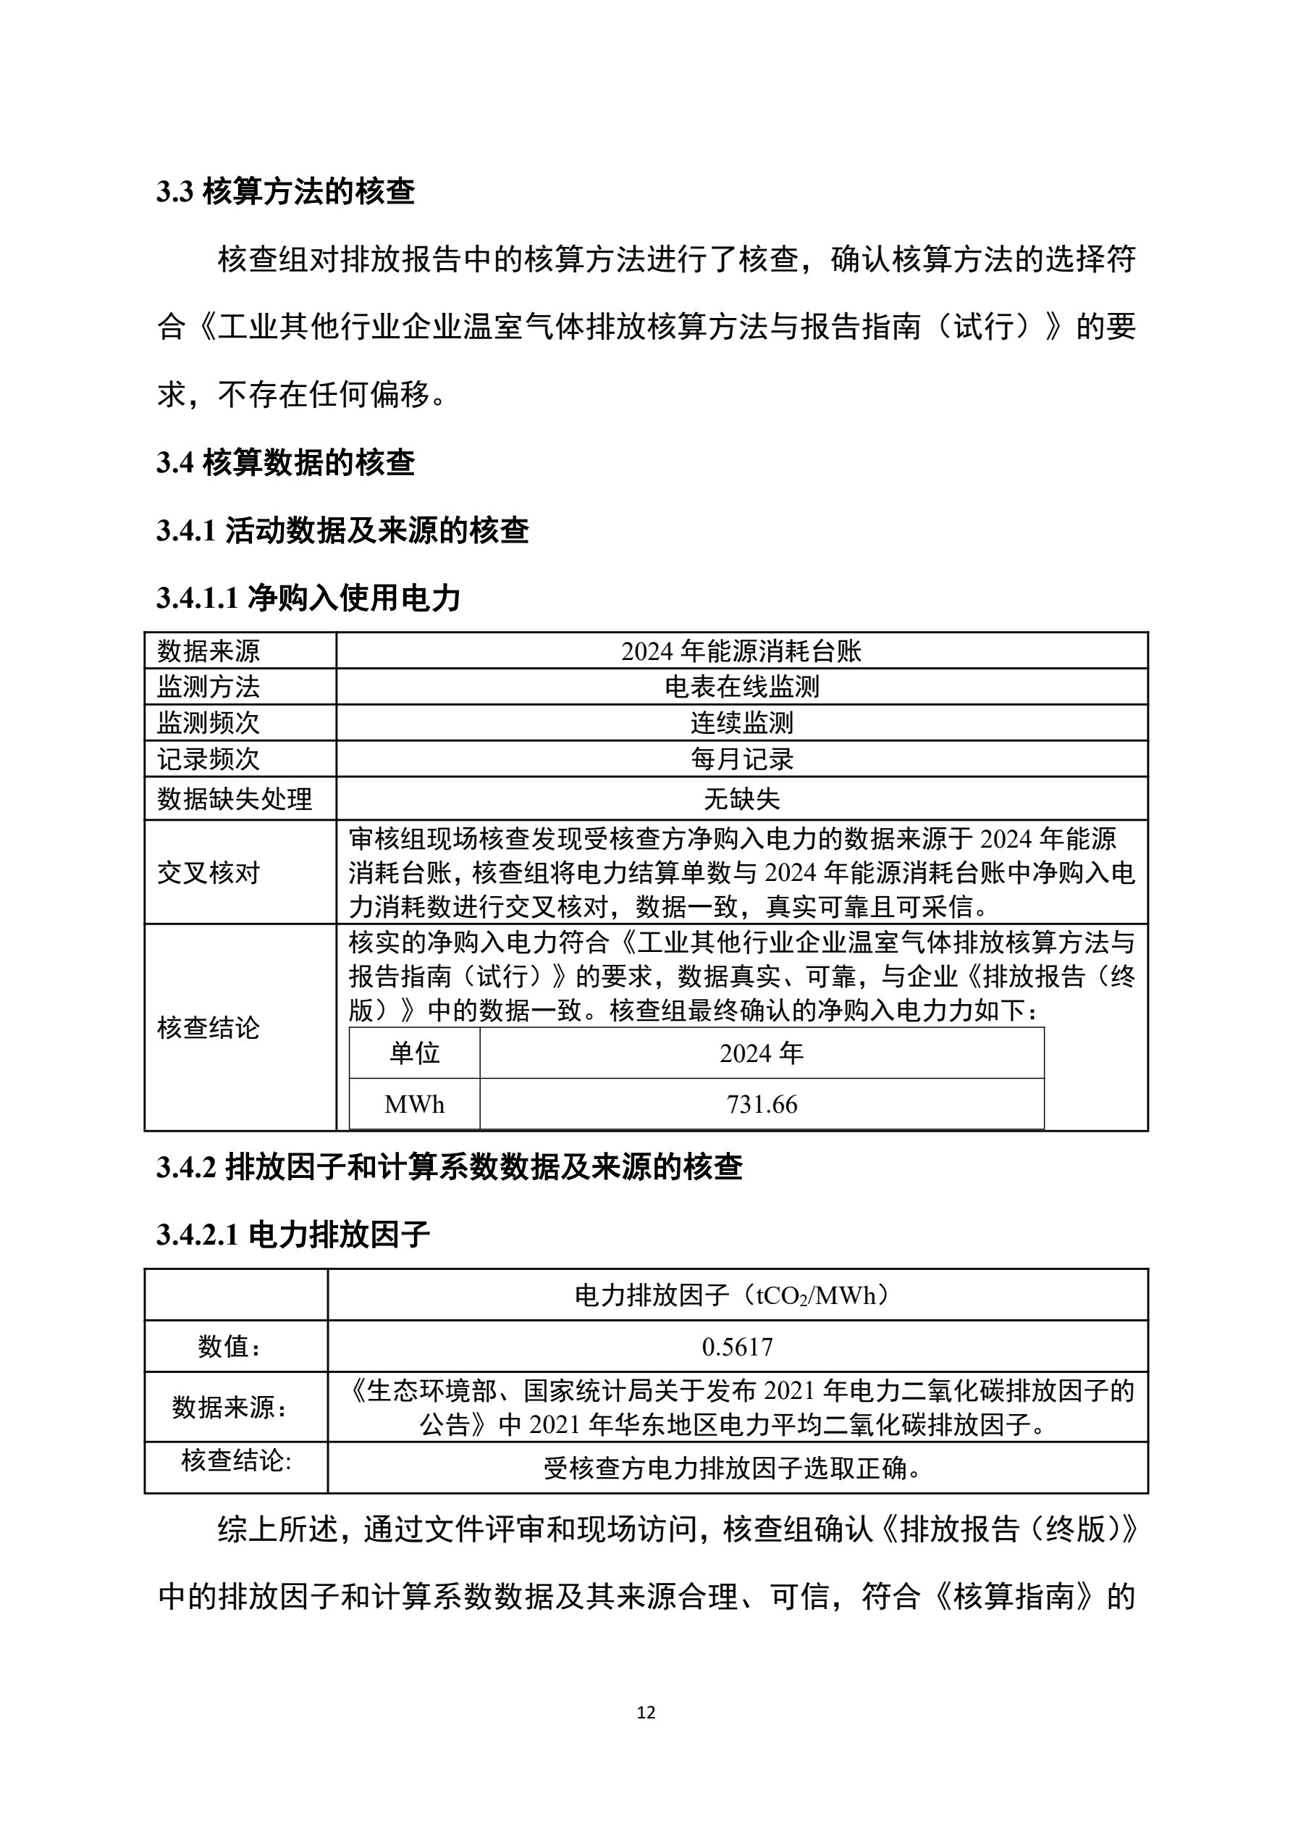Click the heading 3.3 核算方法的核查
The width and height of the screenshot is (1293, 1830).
pyautogui.click(x=285, y=192)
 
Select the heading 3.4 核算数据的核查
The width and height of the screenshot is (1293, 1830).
pyautogui.click(x=285, y=463)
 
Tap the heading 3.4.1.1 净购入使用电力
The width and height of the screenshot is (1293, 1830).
pyautogui.click(x=308, y=598)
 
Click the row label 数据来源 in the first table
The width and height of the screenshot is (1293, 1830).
pyautogui.click(x=209, y=651)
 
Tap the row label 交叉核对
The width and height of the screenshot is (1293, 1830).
pyautogui.click(x=209, y=873)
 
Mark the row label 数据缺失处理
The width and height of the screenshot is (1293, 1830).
pyautogui.click(x=235, y=798)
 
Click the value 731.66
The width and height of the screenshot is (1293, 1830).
pyautogui.click(x=762, y=1105)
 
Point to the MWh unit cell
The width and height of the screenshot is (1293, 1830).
pyautogui.click(x=414, y=1105)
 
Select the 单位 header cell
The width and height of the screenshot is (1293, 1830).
pyautogui.click(x=414, y=1053)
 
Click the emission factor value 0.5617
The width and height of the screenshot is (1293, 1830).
pyautogui.click(x=737, y=1347)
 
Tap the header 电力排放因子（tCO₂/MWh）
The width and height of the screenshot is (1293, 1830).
pyautogui.click(x=737, y=1296)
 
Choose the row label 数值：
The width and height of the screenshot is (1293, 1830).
pyautogui.click(x=229, y=1347)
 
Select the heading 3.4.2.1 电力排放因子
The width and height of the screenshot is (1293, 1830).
pyautogui.click(x=293, y=1235)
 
